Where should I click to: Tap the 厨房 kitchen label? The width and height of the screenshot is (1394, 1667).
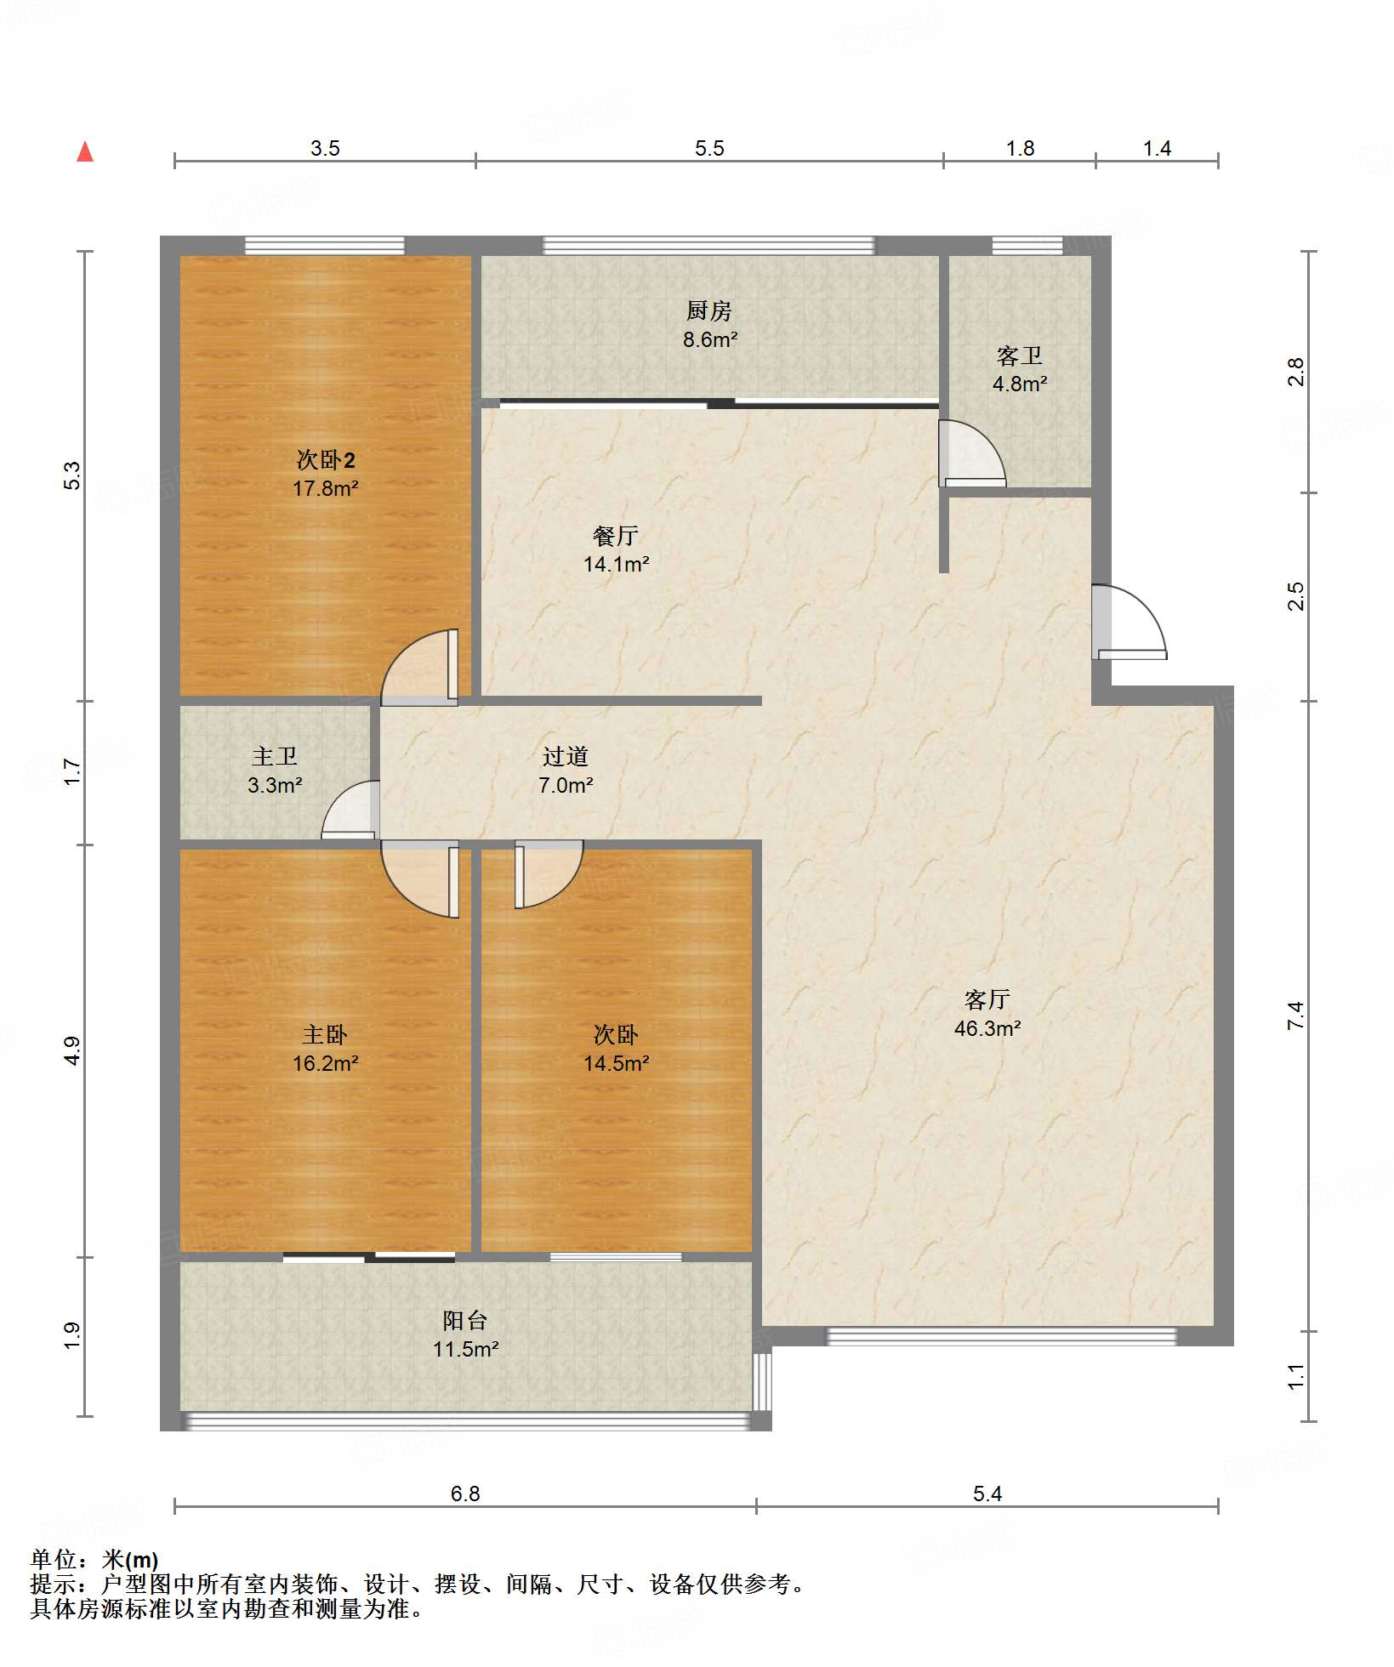pos(709,311)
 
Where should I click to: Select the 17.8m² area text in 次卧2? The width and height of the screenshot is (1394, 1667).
pos(325,489)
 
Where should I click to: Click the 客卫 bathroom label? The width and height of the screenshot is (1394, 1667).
pos(1019,356)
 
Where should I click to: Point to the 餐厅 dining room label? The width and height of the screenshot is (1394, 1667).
pos(616,536)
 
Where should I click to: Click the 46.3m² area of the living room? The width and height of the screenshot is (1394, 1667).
pos(987,1028)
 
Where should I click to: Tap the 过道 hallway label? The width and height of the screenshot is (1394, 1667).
pos(566,756)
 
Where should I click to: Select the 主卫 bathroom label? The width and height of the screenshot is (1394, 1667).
pos(275,756)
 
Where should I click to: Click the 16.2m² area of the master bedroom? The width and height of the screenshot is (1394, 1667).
pos(325,1063)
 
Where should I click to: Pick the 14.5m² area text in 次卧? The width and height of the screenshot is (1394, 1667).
pos(616,1063)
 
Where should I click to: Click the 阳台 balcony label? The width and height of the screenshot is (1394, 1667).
pos(465,1320)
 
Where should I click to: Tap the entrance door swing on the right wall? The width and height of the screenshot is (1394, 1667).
pos(1129,622)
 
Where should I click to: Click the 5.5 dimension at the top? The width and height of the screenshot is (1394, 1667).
pos(709,149)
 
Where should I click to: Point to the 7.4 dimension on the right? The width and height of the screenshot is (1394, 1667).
pos(1295,1016)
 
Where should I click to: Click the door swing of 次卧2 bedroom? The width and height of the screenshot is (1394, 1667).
pos(419,668)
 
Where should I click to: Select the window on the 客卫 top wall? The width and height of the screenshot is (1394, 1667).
pos(1027,246)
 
